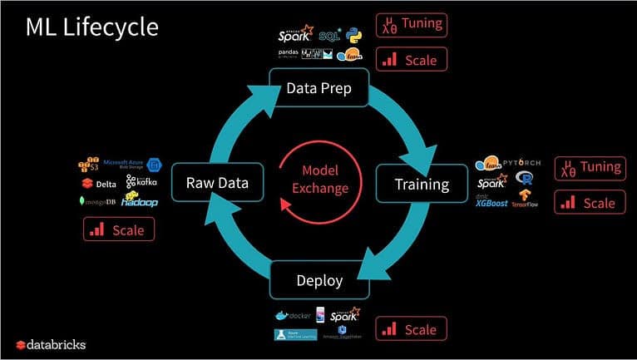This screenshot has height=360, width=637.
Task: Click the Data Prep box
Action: pos(319,87)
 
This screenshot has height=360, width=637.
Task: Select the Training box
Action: pos(421,184)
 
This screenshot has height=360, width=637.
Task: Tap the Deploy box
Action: pos(319,280)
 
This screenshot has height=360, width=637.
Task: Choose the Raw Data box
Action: pos(218,184)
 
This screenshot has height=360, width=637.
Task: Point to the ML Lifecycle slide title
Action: pos(91,27)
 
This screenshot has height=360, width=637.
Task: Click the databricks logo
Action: pos(51,344)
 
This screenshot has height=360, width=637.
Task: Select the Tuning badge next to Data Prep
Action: pos(412,25)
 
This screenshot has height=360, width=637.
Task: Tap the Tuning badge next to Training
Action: pos(590,168)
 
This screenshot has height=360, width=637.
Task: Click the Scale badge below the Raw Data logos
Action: pos(119,229)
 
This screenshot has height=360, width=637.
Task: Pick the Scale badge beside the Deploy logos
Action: pos(412,329)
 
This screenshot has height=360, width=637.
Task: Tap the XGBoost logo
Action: pos(491,200)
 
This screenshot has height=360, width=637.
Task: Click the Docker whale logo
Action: pos(292,317)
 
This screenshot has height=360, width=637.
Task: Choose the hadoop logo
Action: pos(139,200)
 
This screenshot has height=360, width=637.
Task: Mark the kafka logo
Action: pos(142,181)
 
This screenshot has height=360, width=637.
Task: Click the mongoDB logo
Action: pos(96,202)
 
